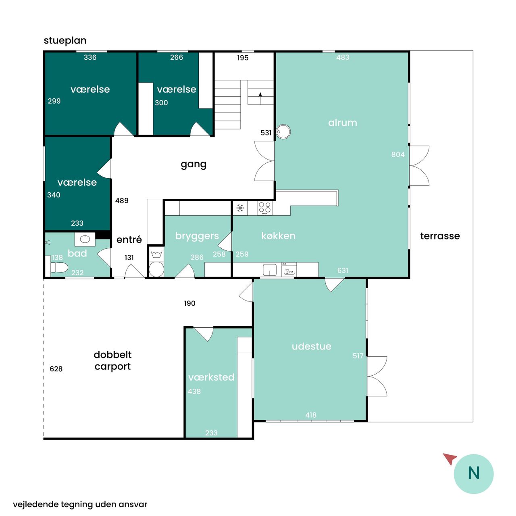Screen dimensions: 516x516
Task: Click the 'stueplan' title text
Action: pos(65,41)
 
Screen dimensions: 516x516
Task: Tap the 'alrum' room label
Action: pos(343,123)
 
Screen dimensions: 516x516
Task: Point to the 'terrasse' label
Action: pos(440,236)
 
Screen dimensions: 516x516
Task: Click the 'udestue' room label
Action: pos(312,346)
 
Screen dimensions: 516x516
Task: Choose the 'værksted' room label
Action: pos(211,377)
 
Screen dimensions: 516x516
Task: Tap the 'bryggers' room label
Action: pos(197,236)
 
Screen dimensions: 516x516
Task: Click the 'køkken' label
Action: pos(278,236)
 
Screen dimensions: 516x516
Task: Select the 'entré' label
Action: pos(129,239)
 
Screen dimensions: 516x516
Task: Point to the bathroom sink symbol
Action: pos(85,239)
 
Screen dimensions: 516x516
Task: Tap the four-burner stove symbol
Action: pos(264,208)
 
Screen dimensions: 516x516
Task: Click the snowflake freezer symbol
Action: pos(240,208)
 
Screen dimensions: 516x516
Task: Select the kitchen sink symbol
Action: pos(270,270)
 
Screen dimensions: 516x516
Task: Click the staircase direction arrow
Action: pos(260,98)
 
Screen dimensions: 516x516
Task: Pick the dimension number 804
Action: pos(398,154)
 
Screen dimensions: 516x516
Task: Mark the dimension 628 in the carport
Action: pos(56,369)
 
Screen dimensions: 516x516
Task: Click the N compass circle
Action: pos(473,474)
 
